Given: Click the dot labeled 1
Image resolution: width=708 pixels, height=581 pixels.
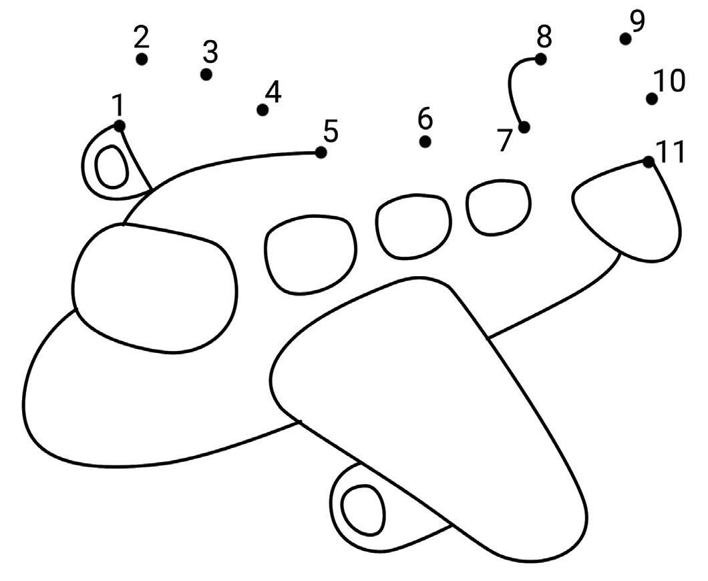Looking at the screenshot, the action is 119,126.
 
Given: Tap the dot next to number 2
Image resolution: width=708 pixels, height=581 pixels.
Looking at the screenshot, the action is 142,59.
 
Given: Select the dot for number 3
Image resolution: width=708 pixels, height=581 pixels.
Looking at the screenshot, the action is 206,74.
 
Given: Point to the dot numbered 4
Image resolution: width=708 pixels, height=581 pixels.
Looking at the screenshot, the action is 262,110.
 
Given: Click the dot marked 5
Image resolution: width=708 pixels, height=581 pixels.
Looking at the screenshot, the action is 321,152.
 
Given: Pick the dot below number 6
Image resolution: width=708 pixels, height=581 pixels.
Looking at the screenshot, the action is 425,142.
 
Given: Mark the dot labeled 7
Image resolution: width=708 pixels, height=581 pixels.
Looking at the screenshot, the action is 524,127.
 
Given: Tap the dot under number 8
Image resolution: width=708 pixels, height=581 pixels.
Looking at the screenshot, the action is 540,59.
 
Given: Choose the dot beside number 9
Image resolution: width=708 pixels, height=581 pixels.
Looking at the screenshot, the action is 625,39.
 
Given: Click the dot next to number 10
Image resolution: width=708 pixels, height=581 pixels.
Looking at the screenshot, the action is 651,99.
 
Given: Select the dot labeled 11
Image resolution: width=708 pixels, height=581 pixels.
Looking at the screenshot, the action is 648,161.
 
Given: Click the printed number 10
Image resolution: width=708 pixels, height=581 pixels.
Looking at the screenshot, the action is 669,81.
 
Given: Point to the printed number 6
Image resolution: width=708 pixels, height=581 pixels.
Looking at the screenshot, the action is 425,120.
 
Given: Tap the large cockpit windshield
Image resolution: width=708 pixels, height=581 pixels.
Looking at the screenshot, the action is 154,287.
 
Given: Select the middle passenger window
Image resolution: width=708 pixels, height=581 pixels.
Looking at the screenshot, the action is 413,226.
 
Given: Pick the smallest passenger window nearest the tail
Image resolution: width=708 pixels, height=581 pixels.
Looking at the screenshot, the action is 498,206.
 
